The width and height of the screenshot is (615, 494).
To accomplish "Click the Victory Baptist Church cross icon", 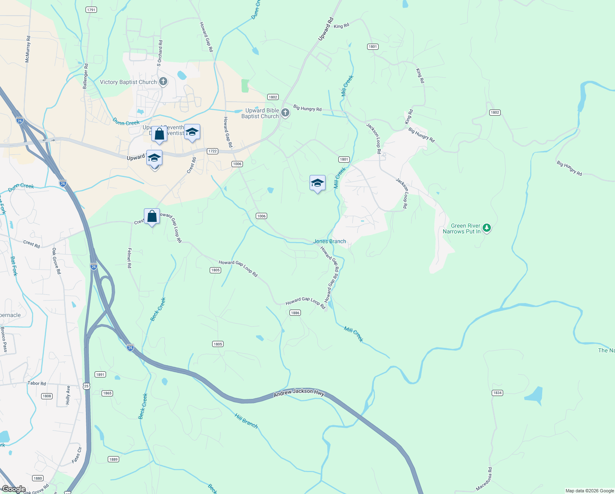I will coord(163,82).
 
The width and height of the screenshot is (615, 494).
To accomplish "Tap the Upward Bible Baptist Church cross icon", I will coord(285,113).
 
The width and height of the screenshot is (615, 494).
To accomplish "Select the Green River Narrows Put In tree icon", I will coord(487,228).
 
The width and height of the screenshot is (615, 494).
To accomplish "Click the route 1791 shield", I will coord(91,10).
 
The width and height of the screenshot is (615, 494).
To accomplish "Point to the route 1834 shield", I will coord(497,393).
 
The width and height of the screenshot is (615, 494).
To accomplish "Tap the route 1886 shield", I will coord(295,313).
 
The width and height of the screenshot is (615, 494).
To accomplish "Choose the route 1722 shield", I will coord(212,151).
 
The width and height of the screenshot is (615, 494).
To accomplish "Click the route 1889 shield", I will coord(113,459).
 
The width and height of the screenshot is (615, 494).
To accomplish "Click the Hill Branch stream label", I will coord(246,421).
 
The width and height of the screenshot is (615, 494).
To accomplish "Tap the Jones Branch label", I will coord(330,242).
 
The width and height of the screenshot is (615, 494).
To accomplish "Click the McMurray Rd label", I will coord(28,49).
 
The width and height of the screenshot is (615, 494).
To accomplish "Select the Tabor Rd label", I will coord(37,383).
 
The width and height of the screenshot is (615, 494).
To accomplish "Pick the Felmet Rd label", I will coord(129,258).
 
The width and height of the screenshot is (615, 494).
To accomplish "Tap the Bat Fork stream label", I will coord(14,266).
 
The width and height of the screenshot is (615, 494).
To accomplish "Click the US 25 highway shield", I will coord(86,386).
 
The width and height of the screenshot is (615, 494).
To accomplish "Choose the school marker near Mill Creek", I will coord(317,183).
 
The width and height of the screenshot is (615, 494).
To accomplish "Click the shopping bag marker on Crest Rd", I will coord(152,216).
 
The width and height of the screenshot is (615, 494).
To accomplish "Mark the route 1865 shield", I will coord(107,393).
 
